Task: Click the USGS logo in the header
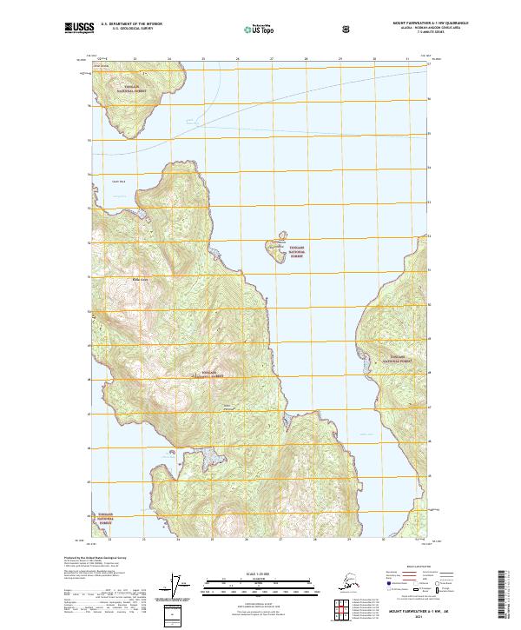77,29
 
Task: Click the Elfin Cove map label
139,279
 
